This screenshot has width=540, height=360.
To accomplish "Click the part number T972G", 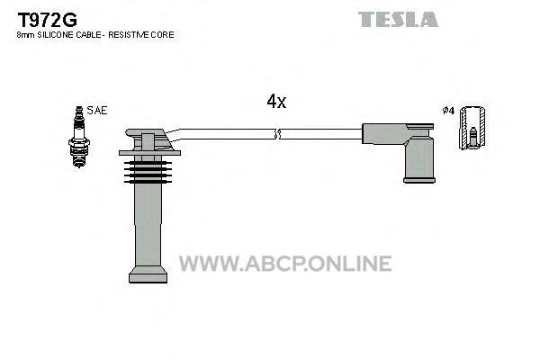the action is point(47,20).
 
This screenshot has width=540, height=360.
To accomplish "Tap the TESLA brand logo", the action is point(398,19).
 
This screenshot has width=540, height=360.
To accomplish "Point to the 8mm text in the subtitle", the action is point(26,35).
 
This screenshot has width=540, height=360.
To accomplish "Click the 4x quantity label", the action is point(276,102).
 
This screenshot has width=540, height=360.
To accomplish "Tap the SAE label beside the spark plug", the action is point(97,110).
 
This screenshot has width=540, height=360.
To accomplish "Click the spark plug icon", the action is point(79,137).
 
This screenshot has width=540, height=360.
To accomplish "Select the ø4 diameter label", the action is point(448,111).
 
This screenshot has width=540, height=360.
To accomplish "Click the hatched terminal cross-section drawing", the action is point(472,128).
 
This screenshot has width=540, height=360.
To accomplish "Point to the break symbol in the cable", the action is point(277,134).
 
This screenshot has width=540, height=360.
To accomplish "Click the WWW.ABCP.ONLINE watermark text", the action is point(285,264).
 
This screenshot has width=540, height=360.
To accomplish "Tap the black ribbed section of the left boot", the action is point(148,172).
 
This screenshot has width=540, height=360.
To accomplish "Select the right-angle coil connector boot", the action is point(399,153).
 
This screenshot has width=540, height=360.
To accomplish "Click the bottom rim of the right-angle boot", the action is point(419,180).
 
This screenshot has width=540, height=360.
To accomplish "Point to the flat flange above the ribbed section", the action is point(149,153).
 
